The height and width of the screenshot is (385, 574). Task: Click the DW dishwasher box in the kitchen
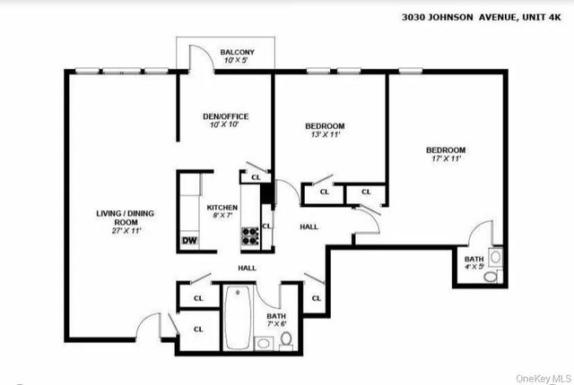coord(189,239)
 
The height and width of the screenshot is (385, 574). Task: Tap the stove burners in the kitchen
coord(250,235)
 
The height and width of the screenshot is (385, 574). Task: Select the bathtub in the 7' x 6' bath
coord(237,317)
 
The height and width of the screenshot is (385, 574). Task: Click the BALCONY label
coord(238,53)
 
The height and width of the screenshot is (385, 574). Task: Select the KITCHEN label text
coord(222,206)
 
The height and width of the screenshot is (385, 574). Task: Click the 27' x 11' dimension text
coord(126,231)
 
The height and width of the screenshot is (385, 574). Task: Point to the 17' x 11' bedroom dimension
coord(445,158)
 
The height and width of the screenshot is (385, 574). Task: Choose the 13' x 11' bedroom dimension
coord(325,135)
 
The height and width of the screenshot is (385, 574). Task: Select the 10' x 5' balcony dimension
coord(238,61)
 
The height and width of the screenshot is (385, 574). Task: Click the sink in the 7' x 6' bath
coord(265,341)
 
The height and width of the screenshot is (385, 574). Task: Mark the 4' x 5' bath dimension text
coord(474,266)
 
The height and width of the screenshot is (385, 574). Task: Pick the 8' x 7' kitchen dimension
coord(222,215)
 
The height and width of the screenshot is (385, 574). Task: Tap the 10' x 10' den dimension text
coord(222,124)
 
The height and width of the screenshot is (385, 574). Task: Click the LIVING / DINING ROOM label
coord(126,218)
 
